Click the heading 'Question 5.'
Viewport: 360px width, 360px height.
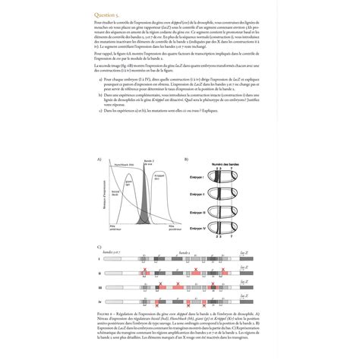[108, 14]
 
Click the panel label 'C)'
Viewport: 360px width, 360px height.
[99, 248]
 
